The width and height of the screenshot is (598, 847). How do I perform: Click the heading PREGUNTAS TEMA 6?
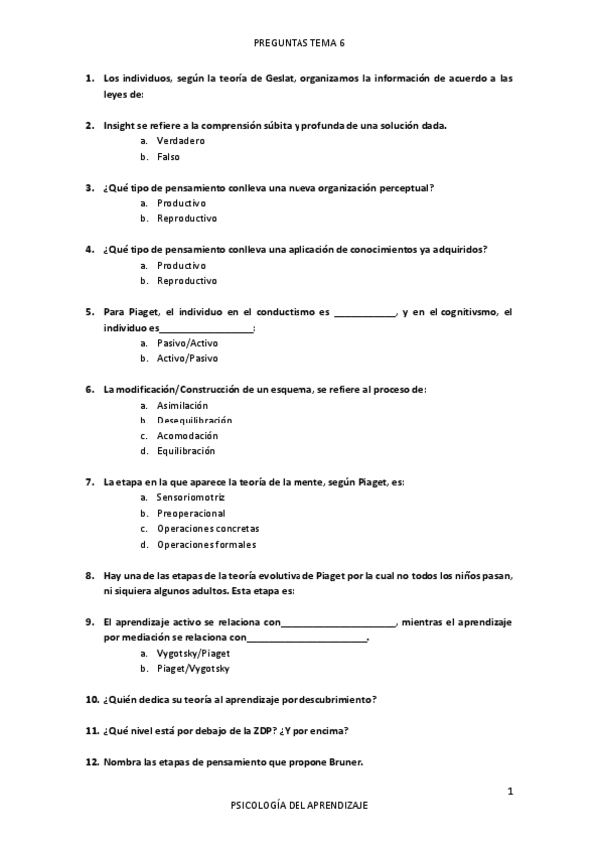(299, 44)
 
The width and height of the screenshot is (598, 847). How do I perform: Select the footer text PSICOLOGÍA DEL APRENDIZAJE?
(299, 805)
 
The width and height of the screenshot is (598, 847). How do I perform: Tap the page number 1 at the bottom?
(510, 792)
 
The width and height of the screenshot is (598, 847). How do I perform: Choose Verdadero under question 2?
(181, 141)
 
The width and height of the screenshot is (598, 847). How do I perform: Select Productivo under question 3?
(181, 203)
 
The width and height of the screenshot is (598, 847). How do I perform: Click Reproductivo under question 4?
(187, 281)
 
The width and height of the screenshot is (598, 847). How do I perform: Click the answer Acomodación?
(187, 435)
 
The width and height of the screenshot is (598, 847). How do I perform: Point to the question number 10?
(91, 699)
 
